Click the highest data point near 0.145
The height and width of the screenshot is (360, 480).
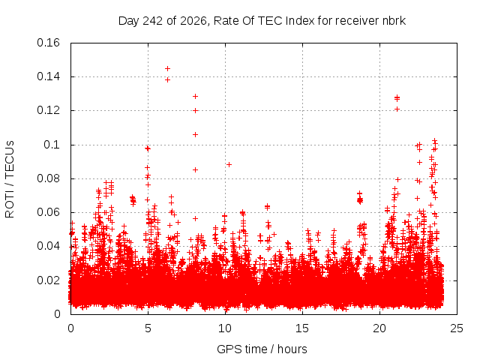click(x=167, y=68)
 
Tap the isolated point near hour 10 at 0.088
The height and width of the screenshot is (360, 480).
click(x=229, y=165)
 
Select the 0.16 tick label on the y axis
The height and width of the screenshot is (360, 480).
click(x=48, y=43)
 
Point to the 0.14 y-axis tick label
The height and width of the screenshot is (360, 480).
click(x=48, y=76)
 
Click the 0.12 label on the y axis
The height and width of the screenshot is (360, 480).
click(x=48, y=110)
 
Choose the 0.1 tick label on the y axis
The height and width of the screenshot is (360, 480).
click(x=52, y=145)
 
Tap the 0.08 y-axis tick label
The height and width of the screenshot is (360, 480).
click(x=48, y=178)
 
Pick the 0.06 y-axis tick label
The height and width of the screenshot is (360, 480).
click(x=48, y=212)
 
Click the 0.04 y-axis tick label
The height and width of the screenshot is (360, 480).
click(x=48, y=247)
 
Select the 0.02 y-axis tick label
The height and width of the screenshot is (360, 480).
click(x=48, y=280)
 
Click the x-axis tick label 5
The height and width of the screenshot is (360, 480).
click(x=148, y=328)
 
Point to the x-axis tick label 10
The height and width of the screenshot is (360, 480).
click(x=225, y=328)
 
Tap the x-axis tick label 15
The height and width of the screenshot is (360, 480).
click(x=302, y=328)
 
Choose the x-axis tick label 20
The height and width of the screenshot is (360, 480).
click(x=379, y=328)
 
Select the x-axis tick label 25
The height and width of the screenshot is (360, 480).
click(x=457, y=328)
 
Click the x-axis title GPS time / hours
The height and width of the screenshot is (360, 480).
click(x=262, y=349)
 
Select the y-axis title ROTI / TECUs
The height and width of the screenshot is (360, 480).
click(x=10, y=179)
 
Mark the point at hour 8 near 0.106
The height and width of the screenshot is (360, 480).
click(x=195, y=135)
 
